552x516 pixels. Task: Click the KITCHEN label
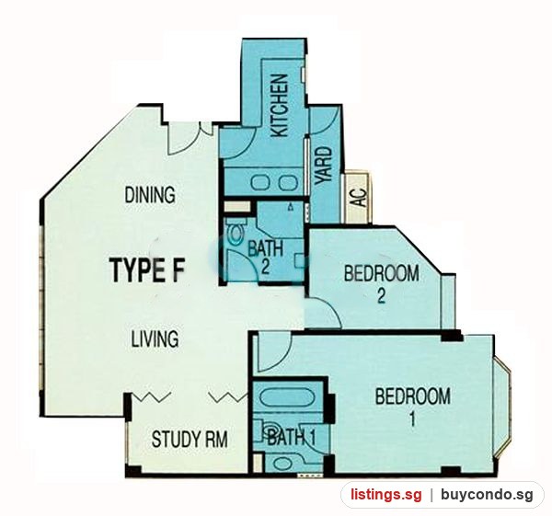pyautogui.click(x=281, y=105)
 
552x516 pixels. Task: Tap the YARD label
pyautogui.click(x=324, y=166)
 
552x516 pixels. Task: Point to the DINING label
pyautogui.click(x=150, y=195)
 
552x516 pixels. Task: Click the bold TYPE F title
pyautogui.click(x=147, y=270)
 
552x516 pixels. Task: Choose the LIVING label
pyautogui.click(x=155, y=338)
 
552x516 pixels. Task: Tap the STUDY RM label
pyautogui.click(x=190, y=439)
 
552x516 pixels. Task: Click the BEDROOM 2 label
pyautogui.click(x=382, y=284)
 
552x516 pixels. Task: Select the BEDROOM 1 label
pyautogui.click(x=412, y=407)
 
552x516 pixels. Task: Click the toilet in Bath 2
pyautogui.click(x=236, y=232)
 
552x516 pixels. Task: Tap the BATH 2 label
pyautogui.click(x=266, y=258)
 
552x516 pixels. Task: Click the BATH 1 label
pyautogui.click(x=292, y=438)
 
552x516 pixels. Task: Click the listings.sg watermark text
pyautogui.click(x=385, y=495)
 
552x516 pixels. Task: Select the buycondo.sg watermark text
pyautogui.click(x=488, y=495)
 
